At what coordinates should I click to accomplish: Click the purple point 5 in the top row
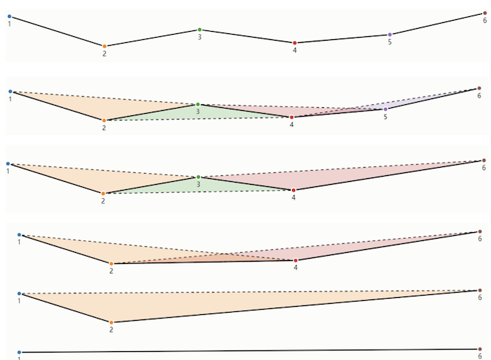point(390,35)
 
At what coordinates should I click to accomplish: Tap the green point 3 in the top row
point(200,30)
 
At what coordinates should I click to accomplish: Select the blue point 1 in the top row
point(10,16)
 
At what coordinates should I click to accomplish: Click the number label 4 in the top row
point(294,50)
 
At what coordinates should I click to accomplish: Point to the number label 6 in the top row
point(484,21)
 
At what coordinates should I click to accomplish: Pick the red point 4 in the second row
point(292,118)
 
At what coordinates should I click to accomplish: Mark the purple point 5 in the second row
point(385,109)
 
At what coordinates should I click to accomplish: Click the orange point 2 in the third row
point(104,194)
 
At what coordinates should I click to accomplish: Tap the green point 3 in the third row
point(198,177)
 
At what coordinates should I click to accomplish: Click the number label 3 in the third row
point(198,185)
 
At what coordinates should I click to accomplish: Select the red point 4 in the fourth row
point(296,260)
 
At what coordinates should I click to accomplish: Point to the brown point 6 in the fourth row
point(479,232)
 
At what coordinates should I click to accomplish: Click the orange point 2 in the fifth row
point(112,322)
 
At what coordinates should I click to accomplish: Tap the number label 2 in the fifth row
point(112,330)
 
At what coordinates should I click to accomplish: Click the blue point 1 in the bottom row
point(19,353)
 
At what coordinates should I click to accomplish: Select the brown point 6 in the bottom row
point(479,349)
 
